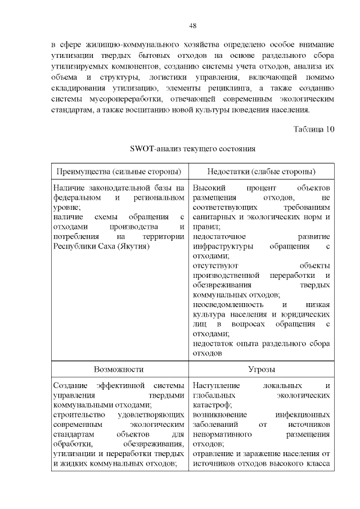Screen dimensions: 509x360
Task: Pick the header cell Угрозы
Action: (x=261, y=370)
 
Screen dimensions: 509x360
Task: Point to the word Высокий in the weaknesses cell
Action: (x=209, y=188)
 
